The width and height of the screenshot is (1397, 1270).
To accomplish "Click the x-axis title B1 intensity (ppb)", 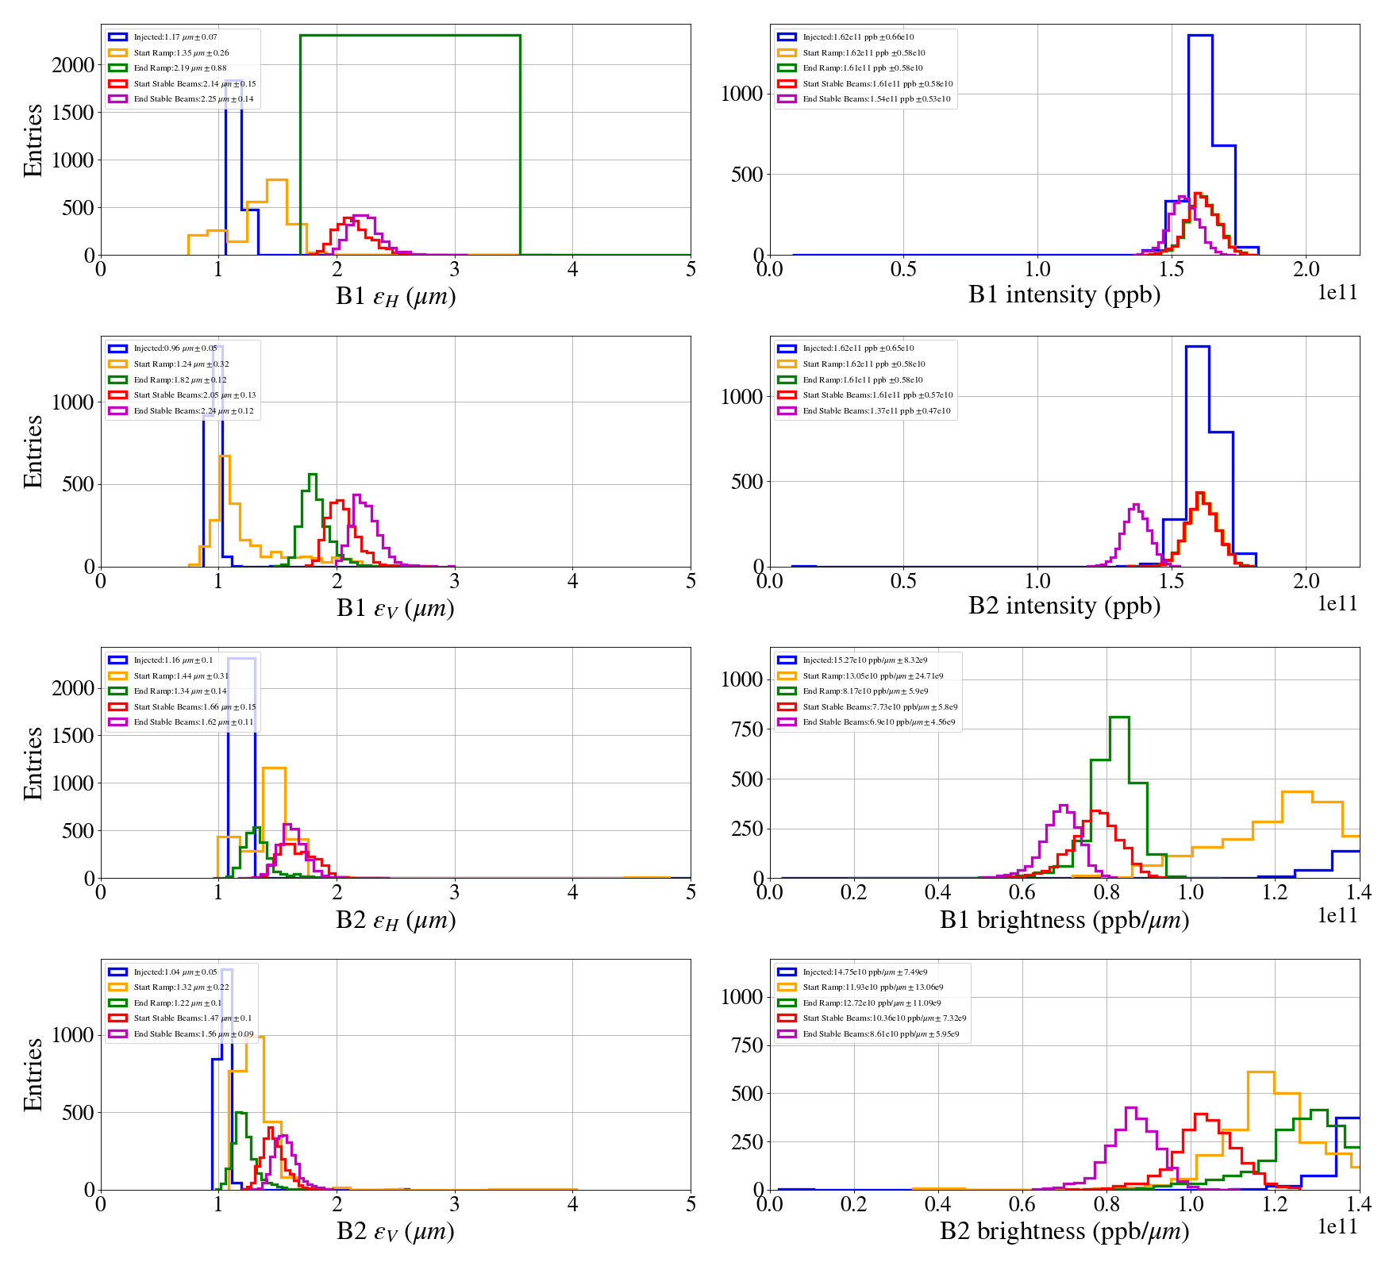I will click(1064, 295).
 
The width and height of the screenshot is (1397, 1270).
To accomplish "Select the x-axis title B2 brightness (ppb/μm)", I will click(1064, 1231).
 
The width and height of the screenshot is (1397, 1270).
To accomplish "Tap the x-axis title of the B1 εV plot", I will click(395, 608).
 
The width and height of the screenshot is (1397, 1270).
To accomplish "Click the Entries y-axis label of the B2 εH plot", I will click(33, 763).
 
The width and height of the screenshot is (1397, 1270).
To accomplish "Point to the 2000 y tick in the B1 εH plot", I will click(73, 65).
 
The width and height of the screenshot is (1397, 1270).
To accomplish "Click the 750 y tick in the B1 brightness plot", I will click(746, 729).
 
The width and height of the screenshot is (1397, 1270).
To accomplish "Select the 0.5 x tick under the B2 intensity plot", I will click(903, 581).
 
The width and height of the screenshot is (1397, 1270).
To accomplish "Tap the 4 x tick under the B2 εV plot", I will click(572, 1204).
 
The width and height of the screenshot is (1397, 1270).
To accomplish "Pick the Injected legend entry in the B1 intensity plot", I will click(857, 37).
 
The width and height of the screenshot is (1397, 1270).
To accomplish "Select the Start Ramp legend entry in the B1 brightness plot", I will click(872, 676).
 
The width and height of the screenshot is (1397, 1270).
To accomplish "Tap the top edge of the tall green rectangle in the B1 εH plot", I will click(410, 36).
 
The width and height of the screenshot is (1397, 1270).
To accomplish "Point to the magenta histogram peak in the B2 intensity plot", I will click(1136, 505).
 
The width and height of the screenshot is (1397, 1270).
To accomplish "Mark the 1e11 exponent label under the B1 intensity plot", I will click(1337, 293).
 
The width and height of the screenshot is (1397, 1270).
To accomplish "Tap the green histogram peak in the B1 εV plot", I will click(312, 475).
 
